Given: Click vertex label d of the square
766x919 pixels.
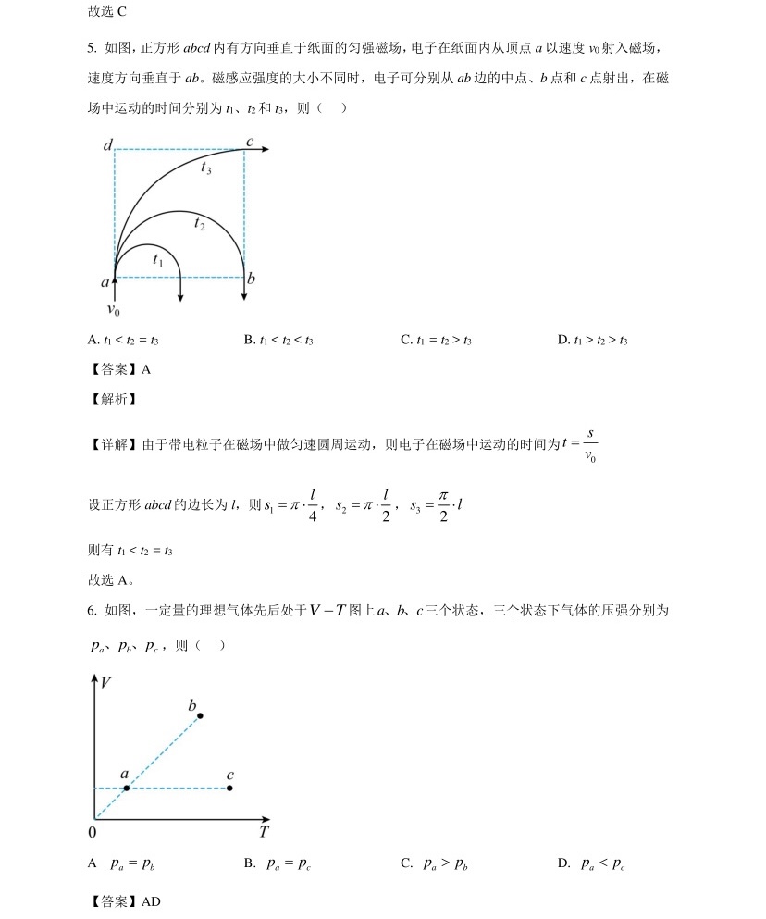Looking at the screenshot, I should (x=108, y=145).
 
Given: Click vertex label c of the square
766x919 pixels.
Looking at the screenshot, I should (x=249, y=142).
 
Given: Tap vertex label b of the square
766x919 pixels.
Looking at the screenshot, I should (x=252, y=279).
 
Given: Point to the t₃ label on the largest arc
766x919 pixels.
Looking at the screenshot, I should (x=205, y=168).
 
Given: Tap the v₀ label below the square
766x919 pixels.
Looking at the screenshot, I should (x=113, y=310).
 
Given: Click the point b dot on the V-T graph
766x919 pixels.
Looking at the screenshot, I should (x=200, y=715).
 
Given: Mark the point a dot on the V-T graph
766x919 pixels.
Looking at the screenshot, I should (x=127, y=788).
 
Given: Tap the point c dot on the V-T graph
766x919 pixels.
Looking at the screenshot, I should (x=229, y=788).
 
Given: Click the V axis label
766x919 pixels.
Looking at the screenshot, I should (x=107, y=683).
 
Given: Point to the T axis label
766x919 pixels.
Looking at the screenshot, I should (x=264, y=831).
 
